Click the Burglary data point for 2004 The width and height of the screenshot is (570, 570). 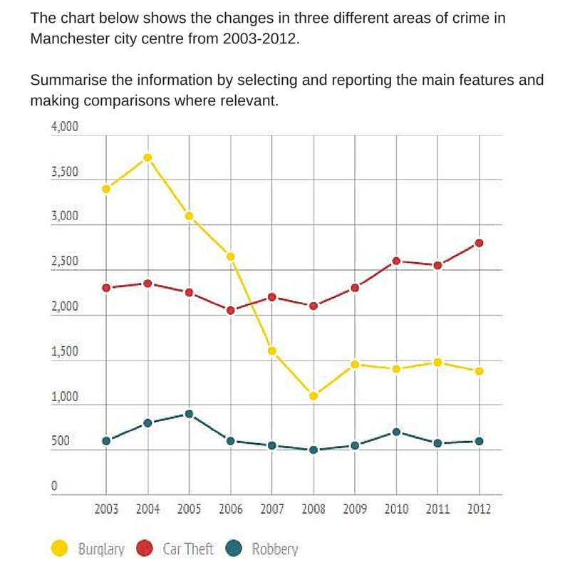point(147,157)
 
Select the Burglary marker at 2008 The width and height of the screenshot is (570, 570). point(313,395)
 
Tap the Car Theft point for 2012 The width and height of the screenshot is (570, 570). point(480,243)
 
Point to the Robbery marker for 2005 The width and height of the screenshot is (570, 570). point(189,414)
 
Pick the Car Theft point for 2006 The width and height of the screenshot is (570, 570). point(230,310)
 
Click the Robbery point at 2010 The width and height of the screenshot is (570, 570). point(396,432)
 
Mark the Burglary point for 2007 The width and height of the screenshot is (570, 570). point(271,351)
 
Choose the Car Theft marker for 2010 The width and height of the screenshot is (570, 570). point(396,261)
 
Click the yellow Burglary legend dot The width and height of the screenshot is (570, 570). point(60,548)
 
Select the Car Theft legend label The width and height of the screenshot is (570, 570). point(188,549)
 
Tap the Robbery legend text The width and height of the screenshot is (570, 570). point(275,549)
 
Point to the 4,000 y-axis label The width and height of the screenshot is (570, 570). point(64,128)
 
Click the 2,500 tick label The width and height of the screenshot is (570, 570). point(64,262)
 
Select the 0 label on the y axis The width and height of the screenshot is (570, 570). point(53,487)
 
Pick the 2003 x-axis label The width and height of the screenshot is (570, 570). point(106,509)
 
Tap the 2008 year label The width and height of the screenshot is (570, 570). point(313,509)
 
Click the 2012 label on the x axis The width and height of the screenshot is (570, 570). point(479,509)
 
